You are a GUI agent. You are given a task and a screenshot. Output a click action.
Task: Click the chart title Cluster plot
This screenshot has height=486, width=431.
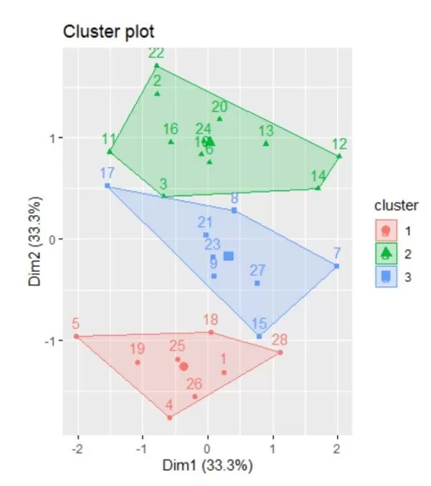click(x=108, y=32)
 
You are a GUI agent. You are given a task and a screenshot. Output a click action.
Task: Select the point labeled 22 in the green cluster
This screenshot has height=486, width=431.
click(x=156, y=66)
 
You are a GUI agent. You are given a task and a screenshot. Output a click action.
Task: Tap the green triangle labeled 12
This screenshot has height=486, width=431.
click(x=339, y=156)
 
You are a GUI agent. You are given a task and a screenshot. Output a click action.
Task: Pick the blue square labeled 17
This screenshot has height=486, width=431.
click(x=108, y=186)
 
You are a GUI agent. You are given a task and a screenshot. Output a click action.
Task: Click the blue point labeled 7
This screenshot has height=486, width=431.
click(x=336, y=266)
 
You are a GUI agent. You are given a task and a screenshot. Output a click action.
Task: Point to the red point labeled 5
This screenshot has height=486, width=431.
click(x=76, y=336)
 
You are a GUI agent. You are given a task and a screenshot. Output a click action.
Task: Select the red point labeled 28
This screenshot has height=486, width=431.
click(x=280, y=352)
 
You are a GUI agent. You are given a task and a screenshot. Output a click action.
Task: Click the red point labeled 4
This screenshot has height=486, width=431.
click(x=170, y=417)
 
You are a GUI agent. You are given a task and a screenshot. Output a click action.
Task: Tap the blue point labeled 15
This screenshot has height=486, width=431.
click(x=260, y=335)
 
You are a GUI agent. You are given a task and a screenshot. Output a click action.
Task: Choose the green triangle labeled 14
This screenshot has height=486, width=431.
click(x=318, y=188)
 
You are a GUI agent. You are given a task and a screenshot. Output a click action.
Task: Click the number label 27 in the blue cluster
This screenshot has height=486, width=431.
click(x=258, y=270)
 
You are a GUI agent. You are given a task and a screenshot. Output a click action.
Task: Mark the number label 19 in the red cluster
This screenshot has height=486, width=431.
click(x=138, y=349)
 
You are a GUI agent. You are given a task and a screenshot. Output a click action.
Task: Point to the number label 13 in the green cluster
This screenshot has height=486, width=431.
click(x=266, y=130)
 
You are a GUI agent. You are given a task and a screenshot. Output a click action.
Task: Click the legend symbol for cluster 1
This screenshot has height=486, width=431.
click(x=386, y=231)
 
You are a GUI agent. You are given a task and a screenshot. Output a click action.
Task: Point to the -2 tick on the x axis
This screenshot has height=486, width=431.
click(x=76, y=446)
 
